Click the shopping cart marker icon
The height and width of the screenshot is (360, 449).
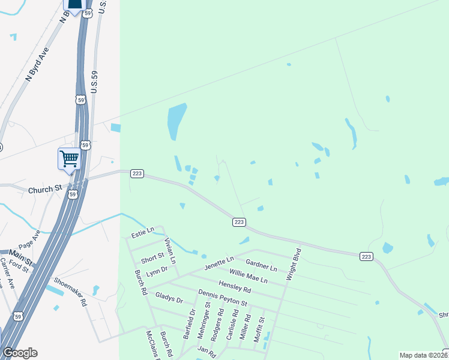pos(70,159)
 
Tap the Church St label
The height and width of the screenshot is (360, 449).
pos(45,189)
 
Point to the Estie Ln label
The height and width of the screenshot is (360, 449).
pos(143,230)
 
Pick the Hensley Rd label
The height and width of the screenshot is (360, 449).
pos(235,287)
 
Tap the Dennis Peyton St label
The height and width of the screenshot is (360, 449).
pos(222,297)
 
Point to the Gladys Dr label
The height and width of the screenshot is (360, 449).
pos(169,297)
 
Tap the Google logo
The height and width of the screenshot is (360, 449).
pos(20,353)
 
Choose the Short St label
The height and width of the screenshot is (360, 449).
pos(152,258)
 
